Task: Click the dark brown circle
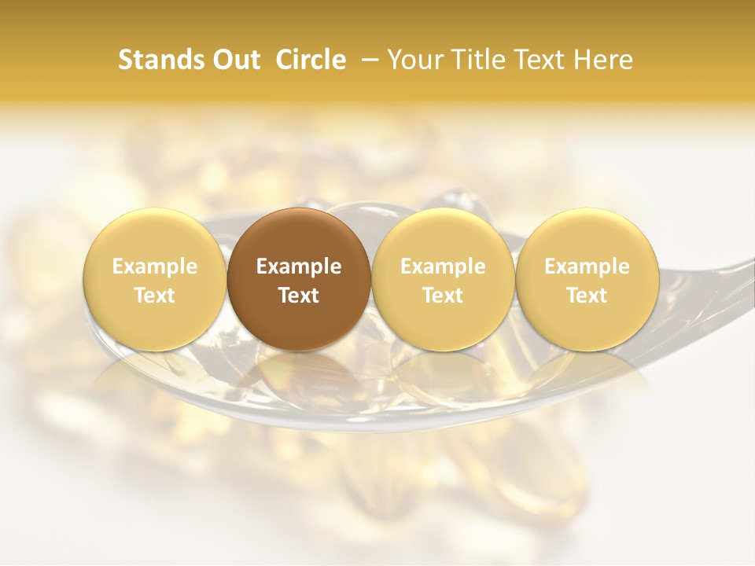299,280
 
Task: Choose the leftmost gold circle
154,280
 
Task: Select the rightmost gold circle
587,280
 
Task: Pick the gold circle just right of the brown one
443,280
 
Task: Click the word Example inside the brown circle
299,267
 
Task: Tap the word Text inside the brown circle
299,296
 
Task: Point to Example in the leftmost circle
154,267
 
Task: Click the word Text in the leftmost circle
154,296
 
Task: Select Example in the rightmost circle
587,267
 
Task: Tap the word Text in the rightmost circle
587,296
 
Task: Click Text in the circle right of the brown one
443,296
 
